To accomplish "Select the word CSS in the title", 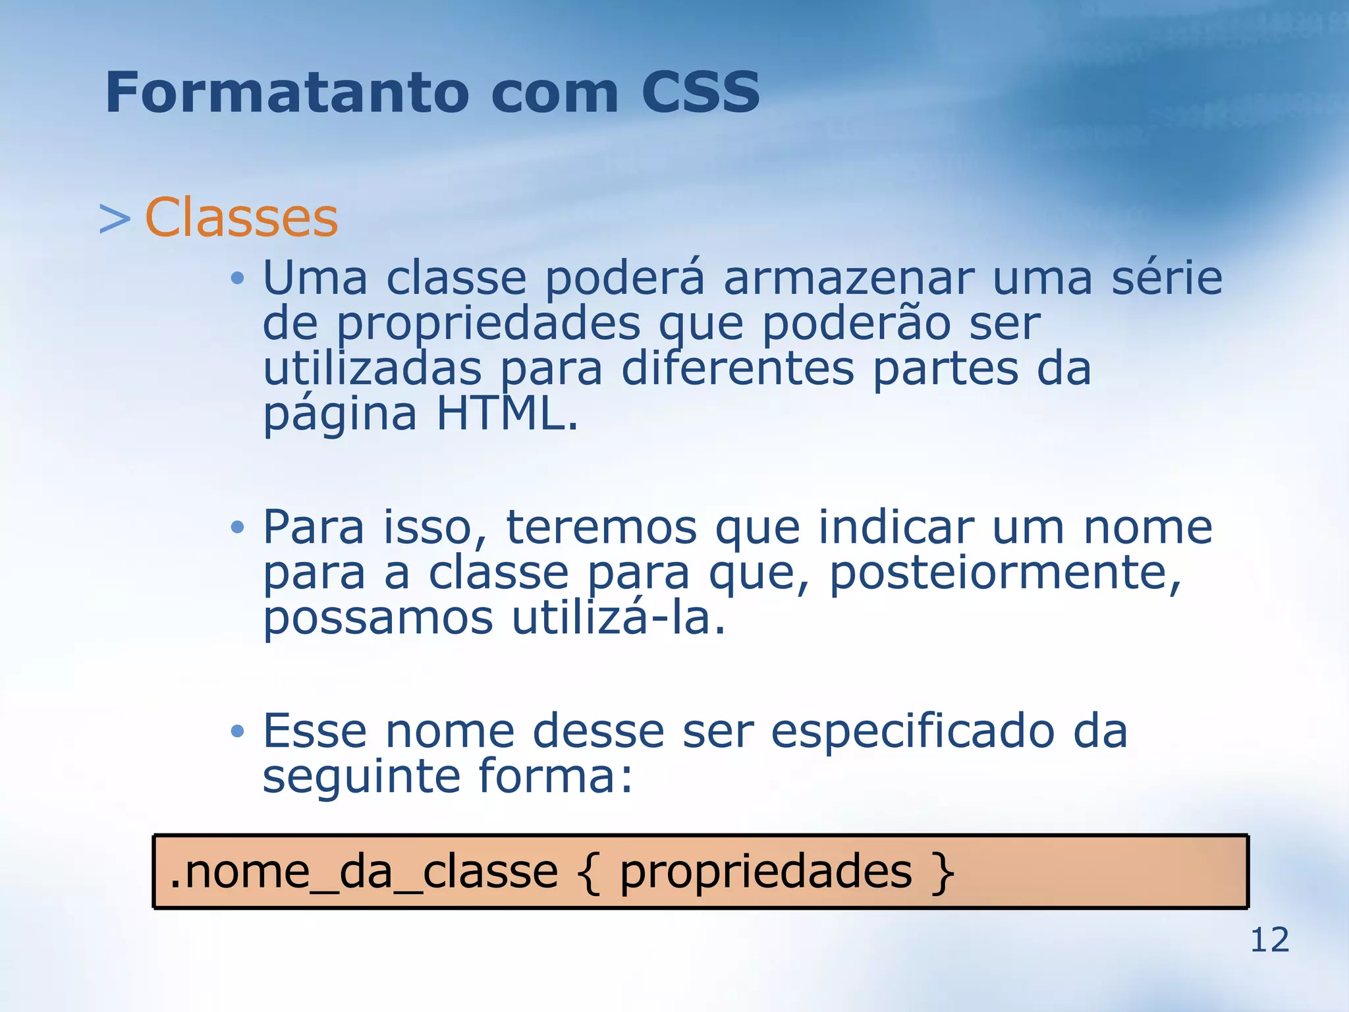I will [x=700, y=92].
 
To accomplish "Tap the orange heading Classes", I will [x=241, y=217].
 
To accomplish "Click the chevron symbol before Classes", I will [x=115, y=219].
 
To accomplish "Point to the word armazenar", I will [x=848, y=278].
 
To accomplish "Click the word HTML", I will [x=507, y=414].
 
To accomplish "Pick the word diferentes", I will [x=738, y=369].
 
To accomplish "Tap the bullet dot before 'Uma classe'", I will [x=238, y=279].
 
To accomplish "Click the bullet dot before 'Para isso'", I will [x=238, y=527].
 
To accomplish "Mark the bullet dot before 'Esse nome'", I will [x=238, y=731].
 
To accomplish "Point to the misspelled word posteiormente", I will [x=1005, y=573].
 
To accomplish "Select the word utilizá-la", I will [x=619, y=618].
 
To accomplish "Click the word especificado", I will [x=912, y=731].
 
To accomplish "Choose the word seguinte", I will [x=361, y=776].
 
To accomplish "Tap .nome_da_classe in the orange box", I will [x=364, y=872].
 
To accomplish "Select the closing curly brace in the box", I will [x=943, y=873].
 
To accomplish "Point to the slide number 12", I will [x=1269, y=940].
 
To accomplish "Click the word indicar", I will [x=896, y=528].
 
